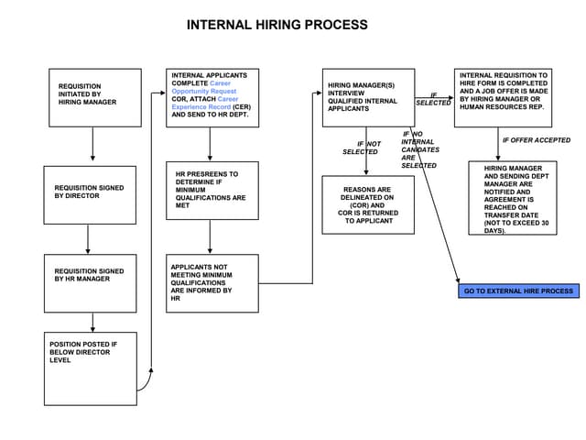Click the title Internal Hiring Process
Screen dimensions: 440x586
pyautogui.click(x=277, y=25)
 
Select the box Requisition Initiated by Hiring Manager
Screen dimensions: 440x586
pyautogui.click(x=94, y=97)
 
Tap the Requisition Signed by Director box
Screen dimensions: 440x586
pyautogui.click(x=90, y=195)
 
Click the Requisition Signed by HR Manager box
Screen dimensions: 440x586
pyautogui.click(x=90, y=283)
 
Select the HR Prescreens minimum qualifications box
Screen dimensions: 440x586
pyautogui.click(x=212, y=191)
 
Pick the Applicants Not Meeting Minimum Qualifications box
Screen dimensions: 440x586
pyautogui.click(x=212, y=283)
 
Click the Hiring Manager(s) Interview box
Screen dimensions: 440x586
pyautogui.click(x=368, y=98)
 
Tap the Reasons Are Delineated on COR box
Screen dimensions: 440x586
pyautogui.click(x=367, y=204)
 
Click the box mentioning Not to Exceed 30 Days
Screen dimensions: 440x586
pyautogui.click(x=512, y=198)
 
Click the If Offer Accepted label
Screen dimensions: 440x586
pyautogui.click(x=536, y=140)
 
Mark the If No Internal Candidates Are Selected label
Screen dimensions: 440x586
pyautogui.click(x=419, y=149)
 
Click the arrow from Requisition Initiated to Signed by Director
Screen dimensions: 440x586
pyautogui.click(x=93, y=145)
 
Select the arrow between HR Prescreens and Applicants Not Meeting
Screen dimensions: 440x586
pyautogui.click(x=212, y=236)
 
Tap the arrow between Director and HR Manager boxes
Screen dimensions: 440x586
pyautogui.click(x=88, y=239)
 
